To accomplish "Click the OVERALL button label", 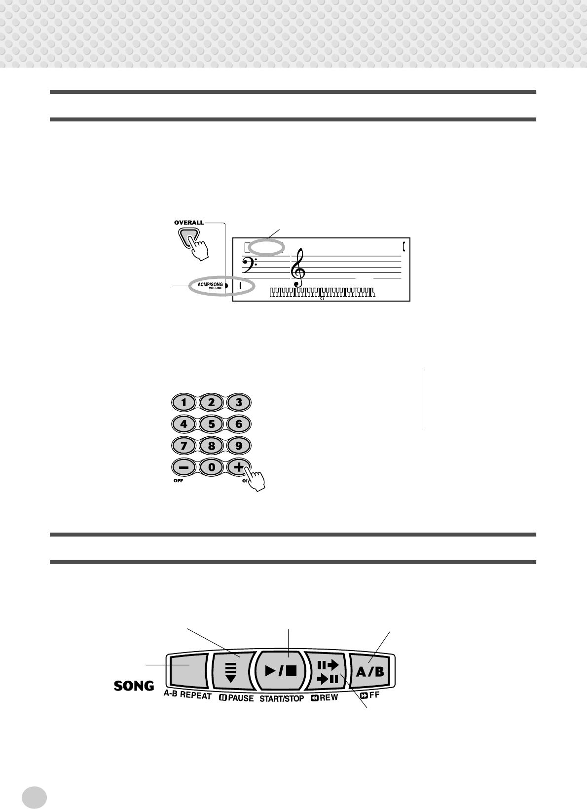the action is pos(188,223).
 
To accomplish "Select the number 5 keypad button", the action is pos(211,424).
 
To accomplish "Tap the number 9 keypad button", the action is pos(239,445).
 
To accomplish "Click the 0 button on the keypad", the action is pos(211,467).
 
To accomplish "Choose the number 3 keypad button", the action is pos(239,402).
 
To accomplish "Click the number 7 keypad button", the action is pos(183,445).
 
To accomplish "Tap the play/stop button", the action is pos(280,671).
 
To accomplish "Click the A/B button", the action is pos(370,671).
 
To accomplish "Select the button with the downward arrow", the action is pos(230,671).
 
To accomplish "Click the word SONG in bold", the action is pos(134,686).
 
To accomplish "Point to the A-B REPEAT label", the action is pos(187,696).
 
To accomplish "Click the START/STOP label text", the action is pos(282,698).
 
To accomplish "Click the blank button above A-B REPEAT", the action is pos(187,671).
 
